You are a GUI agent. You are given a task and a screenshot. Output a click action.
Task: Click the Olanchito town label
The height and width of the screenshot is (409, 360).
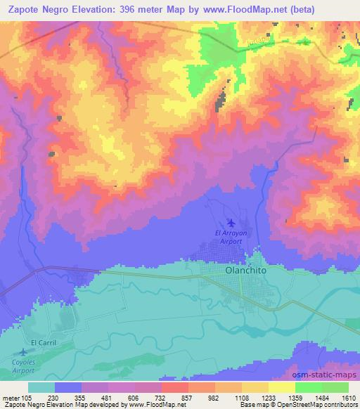(x=244, y=268)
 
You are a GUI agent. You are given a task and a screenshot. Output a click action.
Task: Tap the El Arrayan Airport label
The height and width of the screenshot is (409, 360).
(x=228, y=237)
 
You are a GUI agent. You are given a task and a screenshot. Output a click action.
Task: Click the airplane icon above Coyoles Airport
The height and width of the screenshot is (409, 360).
(x=25, y=351)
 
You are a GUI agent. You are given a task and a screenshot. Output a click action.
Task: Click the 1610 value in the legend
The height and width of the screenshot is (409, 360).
(x=349, y=397)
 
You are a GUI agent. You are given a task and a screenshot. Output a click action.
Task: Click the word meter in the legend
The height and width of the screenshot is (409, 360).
(x=10, y=397)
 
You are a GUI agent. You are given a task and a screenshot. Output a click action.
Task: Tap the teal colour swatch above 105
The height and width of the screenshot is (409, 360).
(x=41, y=387)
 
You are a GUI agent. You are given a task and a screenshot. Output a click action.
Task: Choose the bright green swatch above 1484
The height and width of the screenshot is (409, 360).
(x=309, y=387)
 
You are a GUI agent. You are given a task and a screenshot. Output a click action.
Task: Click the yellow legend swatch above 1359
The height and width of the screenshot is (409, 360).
(x=282, y=387)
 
